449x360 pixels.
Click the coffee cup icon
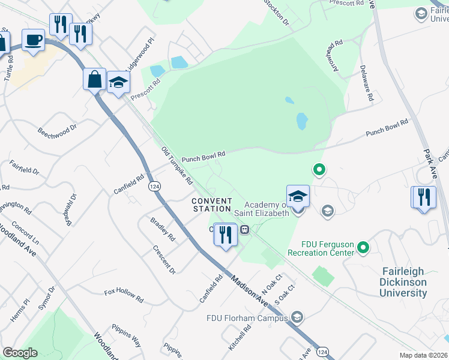(33, 40)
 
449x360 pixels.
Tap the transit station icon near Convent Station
(245, 229)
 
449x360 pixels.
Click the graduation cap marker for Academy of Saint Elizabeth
(298, 196)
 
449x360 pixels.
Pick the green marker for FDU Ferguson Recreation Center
(363, 247)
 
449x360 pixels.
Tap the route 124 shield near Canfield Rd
(154, 186)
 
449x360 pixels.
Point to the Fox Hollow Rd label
(124, 295)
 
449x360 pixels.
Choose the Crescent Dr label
(164, 259)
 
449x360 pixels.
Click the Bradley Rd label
(162, 229)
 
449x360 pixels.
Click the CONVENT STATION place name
(212, 205)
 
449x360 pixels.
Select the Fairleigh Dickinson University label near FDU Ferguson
(404, 281)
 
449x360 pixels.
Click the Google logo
(20, 353)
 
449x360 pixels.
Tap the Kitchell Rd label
(238, 340)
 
